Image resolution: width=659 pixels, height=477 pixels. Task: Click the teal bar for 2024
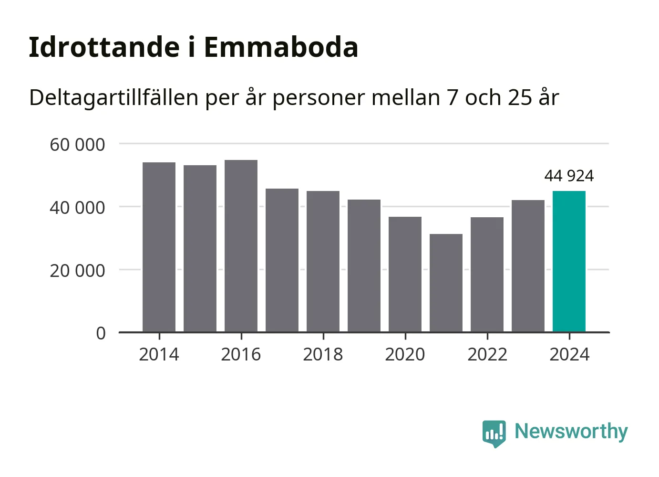(x=569, y=261)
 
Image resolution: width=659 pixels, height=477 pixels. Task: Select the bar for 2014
(x=159, y=247)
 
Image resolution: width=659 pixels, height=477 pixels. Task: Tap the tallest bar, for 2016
(x=241, y=246)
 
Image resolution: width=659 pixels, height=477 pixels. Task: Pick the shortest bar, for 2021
(x=446, y=283)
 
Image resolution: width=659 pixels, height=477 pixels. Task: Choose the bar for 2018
(x=323, y=261)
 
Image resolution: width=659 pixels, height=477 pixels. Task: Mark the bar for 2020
(x=405, y=274)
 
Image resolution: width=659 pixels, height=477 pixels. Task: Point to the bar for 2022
(x=487, y=275)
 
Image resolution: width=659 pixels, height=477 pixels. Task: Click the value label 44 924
(x=569, y=176)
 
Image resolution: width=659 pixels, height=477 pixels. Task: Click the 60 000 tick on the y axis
(x=77, y=144)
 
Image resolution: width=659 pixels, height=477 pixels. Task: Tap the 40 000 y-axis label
(x=77, y=208)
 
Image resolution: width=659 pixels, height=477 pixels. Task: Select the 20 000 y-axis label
(x=77, y=271)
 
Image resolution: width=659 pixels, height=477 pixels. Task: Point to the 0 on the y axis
(x=101, y=333)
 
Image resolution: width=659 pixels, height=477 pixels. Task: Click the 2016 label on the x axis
(x=241, y=355)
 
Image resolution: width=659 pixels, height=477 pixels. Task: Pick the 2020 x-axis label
(x=405, y=355)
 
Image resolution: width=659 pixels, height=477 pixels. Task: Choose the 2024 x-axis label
(x=569, y=355)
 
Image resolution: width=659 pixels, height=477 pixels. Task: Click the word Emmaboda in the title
(x=281, y=47)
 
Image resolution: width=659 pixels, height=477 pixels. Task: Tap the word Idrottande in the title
(x=104, y=47)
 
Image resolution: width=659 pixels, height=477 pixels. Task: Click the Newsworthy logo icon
(x=494, y=433)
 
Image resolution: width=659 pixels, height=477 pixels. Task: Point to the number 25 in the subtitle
(x=520, y=98)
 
